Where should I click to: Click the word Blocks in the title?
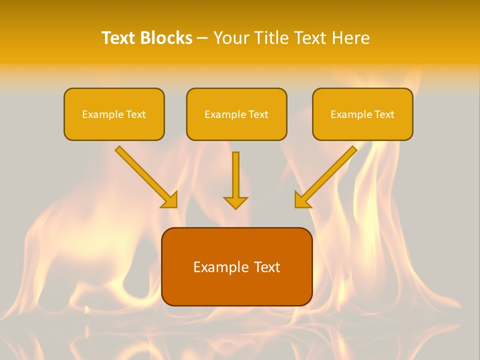point(166,38)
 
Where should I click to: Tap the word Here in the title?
point(349,38)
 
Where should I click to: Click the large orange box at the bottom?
point(236,287)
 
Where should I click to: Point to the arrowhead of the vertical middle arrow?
point(235,202)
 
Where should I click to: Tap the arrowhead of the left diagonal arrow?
point(169,200)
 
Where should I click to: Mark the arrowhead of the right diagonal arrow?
point(302,200)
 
